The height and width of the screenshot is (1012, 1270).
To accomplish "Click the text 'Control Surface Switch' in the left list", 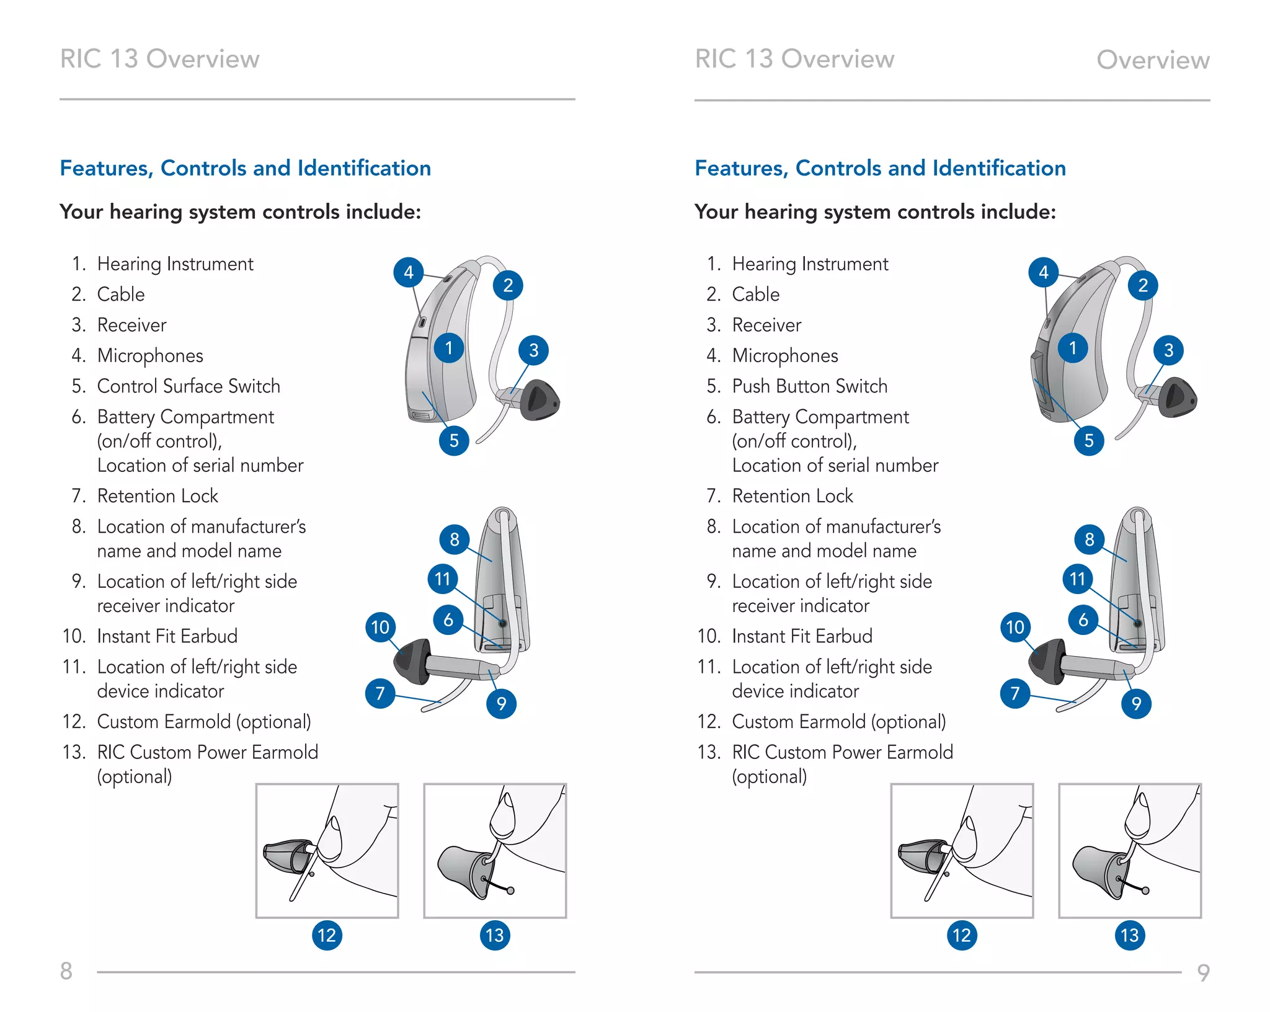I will (189, 386).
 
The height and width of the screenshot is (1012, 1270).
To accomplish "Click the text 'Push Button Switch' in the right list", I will (809, 386).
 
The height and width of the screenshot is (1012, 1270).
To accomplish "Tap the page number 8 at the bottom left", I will (66, 971).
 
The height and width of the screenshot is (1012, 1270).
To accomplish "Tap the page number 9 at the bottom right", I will (1203, 972).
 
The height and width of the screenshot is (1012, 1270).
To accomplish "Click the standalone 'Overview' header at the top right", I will (1153, 60).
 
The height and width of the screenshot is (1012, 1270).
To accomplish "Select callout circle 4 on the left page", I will (409, 272).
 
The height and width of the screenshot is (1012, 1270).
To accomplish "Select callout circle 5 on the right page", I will (1089, 441).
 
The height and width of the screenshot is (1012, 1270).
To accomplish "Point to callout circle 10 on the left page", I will (380, 627).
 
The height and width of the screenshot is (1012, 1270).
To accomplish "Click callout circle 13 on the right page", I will (1130, 935).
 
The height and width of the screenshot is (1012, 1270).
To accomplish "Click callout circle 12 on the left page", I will (327, 935).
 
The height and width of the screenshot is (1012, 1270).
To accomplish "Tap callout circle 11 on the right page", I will (1078, 579).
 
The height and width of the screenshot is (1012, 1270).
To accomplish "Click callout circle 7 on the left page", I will (380, 693).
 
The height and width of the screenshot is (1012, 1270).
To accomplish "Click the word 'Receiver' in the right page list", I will (766, 325).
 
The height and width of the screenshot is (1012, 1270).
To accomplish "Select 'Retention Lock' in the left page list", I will (158, 496).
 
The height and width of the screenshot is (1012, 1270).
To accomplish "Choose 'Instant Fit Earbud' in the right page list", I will (802, 636).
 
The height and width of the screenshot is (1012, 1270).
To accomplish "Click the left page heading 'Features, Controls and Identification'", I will (246, 168).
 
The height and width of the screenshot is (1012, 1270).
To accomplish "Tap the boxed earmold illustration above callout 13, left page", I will (495, 850).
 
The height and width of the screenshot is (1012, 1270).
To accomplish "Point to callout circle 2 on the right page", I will (1143, 286).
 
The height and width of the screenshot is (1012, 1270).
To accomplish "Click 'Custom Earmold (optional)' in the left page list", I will (204, 722).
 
